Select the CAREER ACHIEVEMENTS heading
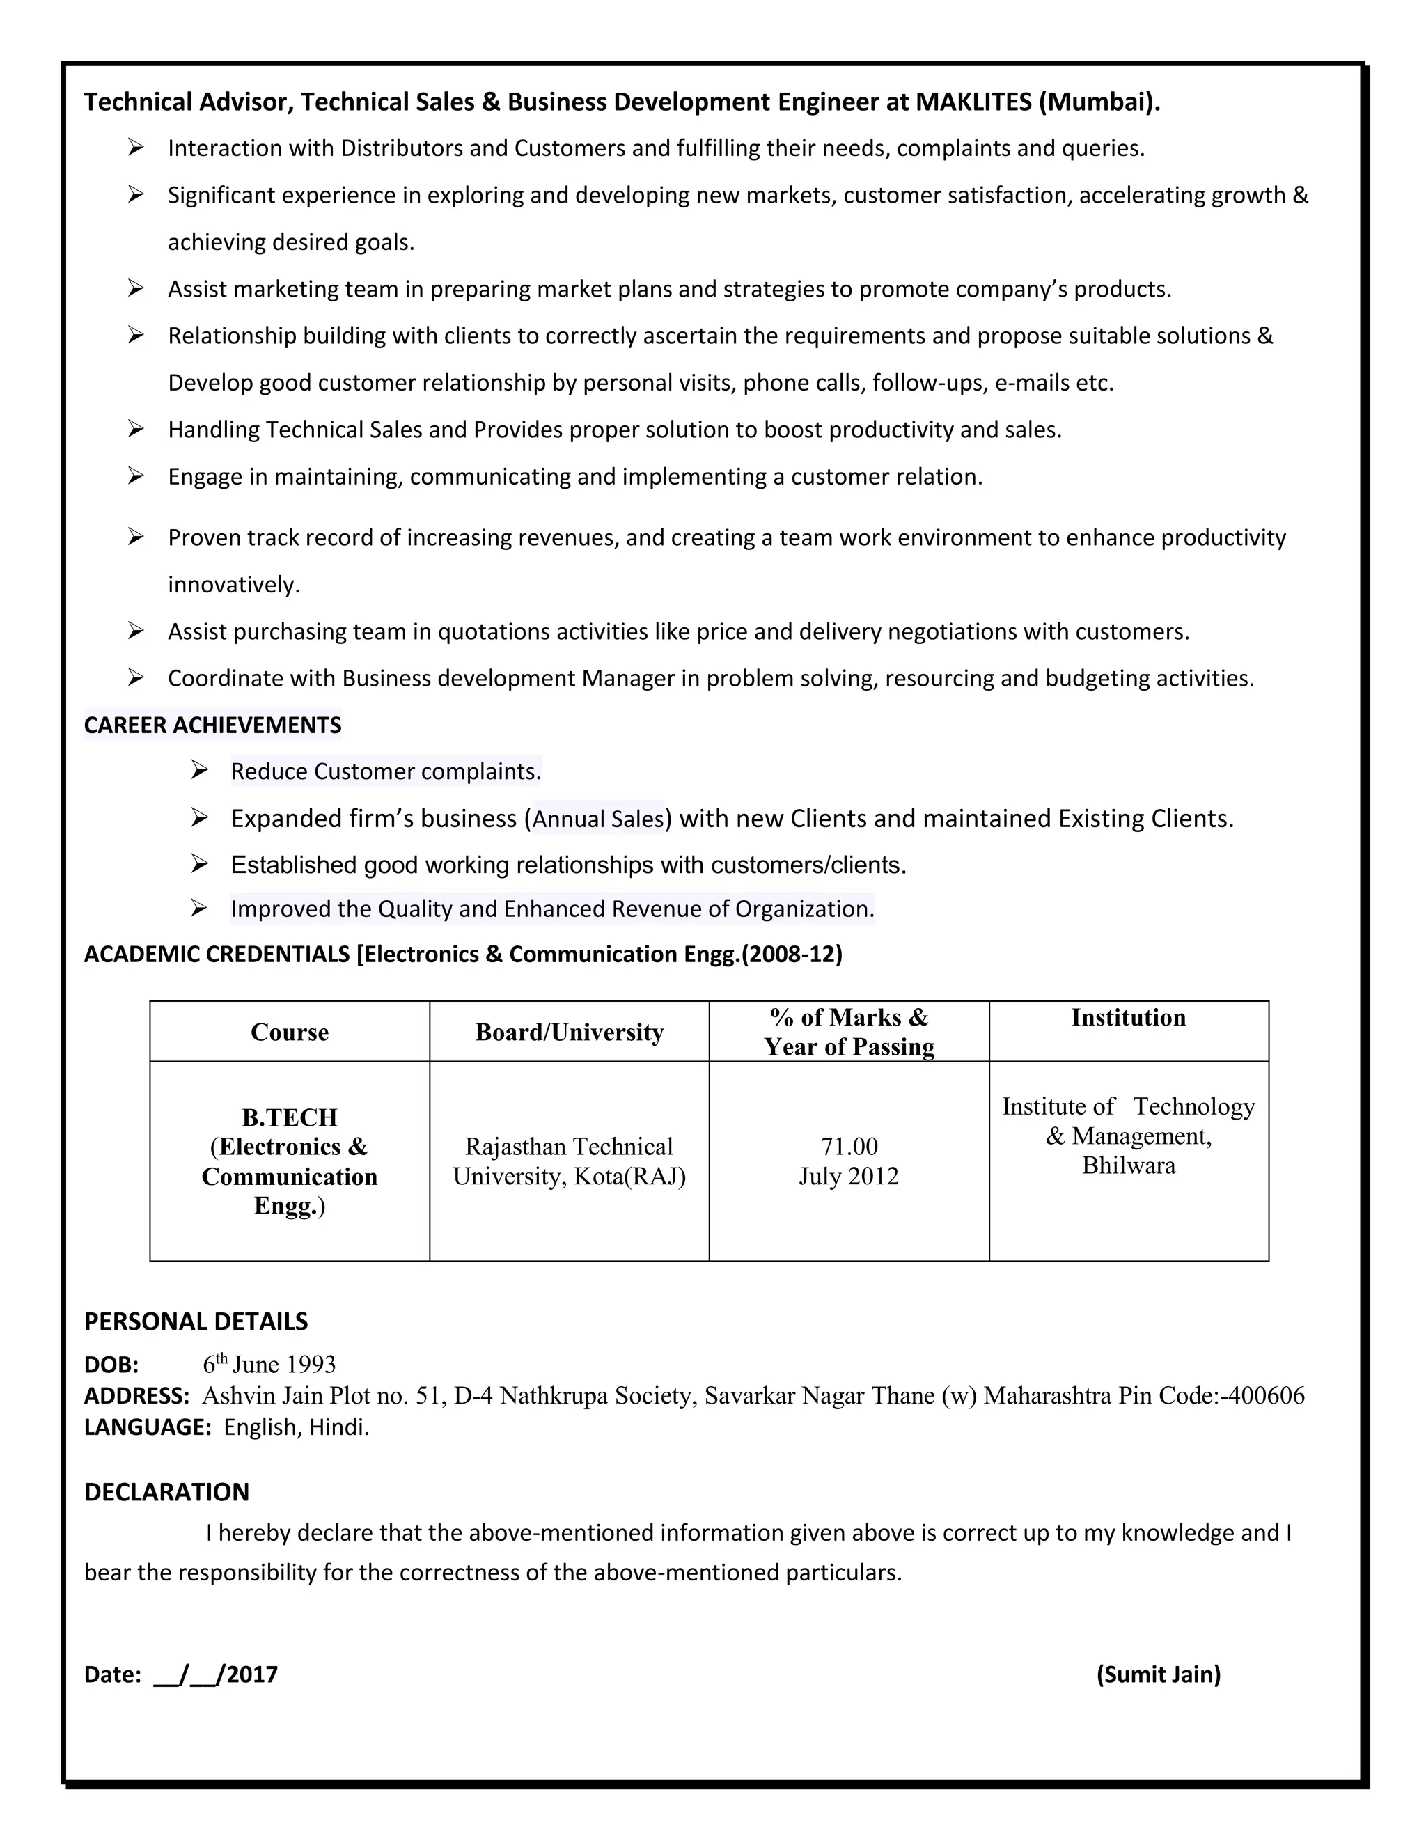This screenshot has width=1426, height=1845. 213,725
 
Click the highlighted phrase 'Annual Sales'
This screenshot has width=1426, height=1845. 598,819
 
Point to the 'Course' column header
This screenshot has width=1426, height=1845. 289,1032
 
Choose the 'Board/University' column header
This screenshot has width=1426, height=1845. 570,1032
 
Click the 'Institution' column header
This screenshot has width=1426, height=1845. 1128,1017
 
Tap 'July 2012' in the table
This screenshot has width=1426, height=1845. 849,1176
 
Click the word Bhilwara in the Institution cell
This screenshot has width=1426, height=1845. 1128,1165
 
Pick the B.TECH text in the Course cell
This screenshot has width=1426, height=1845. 289,1117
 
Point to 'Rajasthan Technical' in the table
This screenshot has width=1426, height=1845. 570,1147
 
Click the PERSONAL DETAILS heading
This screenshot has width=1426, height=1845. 196,1321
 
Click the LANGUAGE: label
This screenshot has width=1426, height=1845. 147,1427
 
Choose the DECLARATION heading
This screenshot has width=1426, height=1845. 166,1492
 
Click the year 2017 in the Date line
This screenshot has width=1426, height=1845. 252,1674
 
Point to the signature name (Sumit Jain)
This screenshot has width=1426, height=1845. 1158,1674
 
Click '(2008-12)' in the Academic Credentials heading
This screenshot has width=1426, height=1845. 792,955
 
